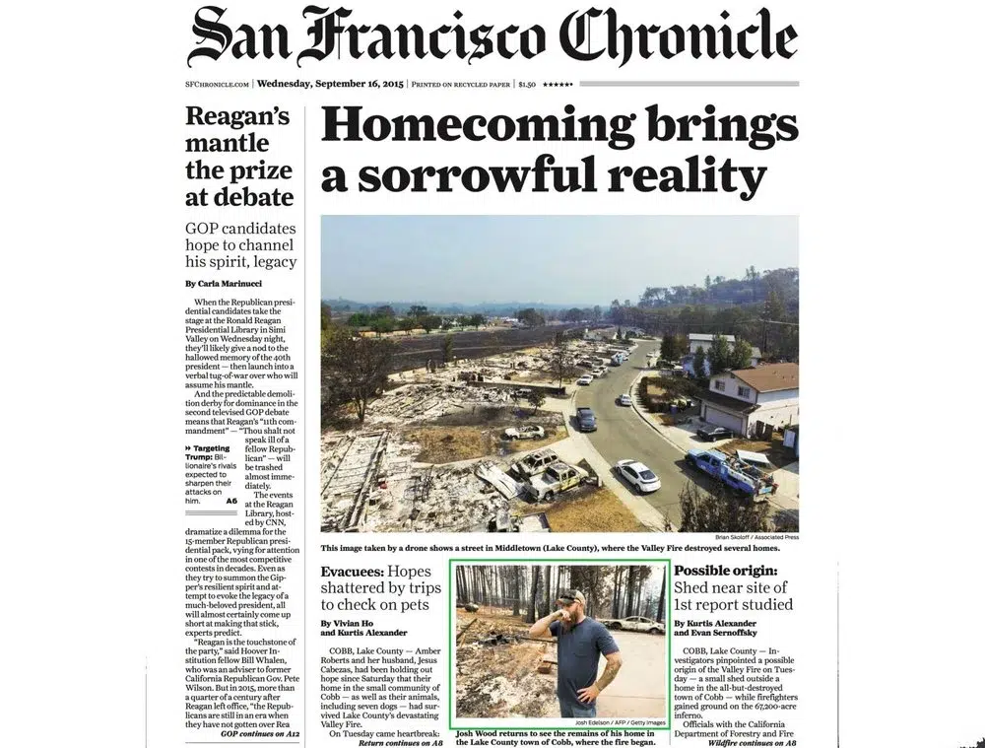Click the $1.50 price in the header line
click(x=529, y=85)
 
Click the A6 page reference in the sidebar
click(x=231, y=501)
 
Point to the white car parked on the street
click(x=638, y=476)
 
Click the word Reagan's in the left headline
click(x=237, y=117)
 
